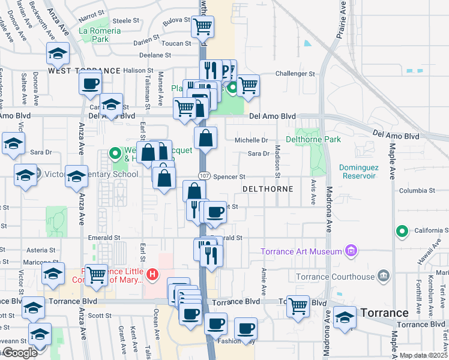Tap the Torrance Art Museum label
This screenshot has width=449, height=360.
[301, 251]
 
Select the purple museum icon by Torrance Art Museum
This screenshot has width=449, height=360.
[353, 251]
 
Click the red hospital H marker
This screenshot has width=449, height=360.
[153, 275]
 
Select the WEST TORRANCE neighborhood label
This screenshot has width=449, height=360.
[84, 71]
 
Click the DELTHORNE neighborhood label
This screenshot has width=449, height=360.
[267, 188]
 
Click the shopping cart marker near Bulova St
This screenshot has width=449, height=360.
[203, 26]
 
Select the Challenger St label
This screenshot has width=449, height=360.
[295, 74]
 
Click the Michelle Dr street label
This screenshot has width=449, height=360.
[251, 140]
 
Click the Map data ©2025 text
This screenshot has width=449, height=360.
[423, 355]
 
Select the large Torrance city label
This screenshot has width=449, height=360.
[384, 313]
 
